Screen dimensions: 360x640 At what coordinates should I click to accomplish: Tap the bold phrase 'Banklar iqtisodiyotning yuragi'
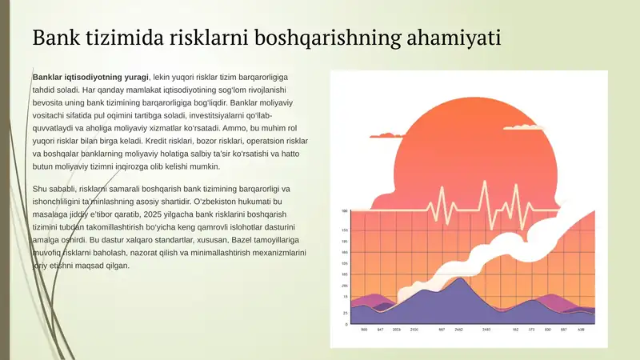tap(90, 77)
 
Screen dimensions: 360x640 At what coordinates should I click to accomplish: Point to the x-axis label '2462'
tap(459, 330)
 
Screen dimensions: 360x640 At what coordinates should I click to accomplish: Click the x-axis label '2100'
tap(414, 330)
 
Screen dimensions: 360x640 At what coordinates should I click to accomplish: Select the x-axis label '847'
tap(381, 330)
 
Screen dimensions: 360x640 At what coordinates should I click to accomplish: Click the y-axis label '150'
tap(345, 230)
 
